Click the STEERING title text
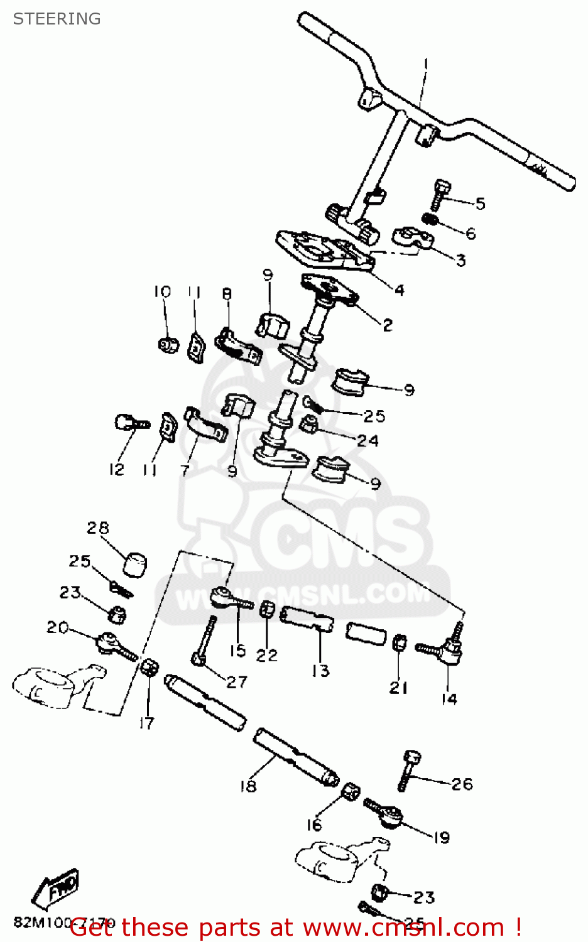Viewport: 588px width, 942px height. [x=57, y=19]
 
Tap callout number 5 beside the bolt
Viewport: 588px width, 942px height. [x=481, y=203]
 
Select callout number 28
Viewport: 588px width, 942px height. [x=98, y=528]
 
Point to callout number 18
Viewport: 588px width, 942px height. [x=248, y=786]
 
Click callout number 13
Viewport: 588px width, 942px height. [x=320, y=671]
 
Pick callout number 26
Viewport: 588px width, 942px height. [x=462, y=784]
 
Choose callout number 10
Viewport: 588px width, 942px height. [x=162, y=291]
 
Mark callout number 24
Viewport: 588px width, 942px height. [x=368, y=441]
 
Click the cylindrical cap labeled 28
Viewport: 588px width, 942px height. [x=136, y=563]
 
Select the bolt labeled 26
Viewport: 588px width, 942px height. [x=410, y=770]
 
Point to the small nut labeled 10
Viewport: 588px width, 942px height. [x=167, y=344]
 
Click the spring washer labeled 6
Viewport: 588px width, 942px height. [x=430, y=219]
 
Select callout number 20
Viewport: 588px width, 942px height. [x=57, y=627]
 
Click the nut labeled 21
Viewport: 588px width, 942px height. [x=399, y=643]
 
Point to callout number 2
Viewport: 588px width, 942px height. [x=388, y=325]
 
